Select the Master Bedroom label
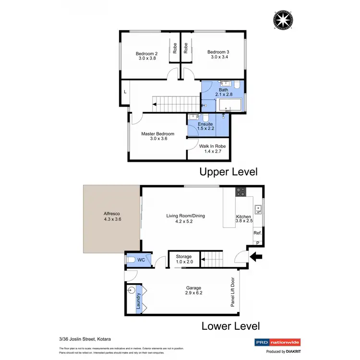157,133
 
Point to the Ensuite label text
205,124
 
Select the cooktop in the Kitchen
240,193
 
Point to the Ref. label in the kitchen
257,233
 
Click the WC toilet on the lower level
132,260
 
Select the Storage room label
184,257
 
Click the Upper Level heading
228,171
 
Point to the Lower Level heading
230,326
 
